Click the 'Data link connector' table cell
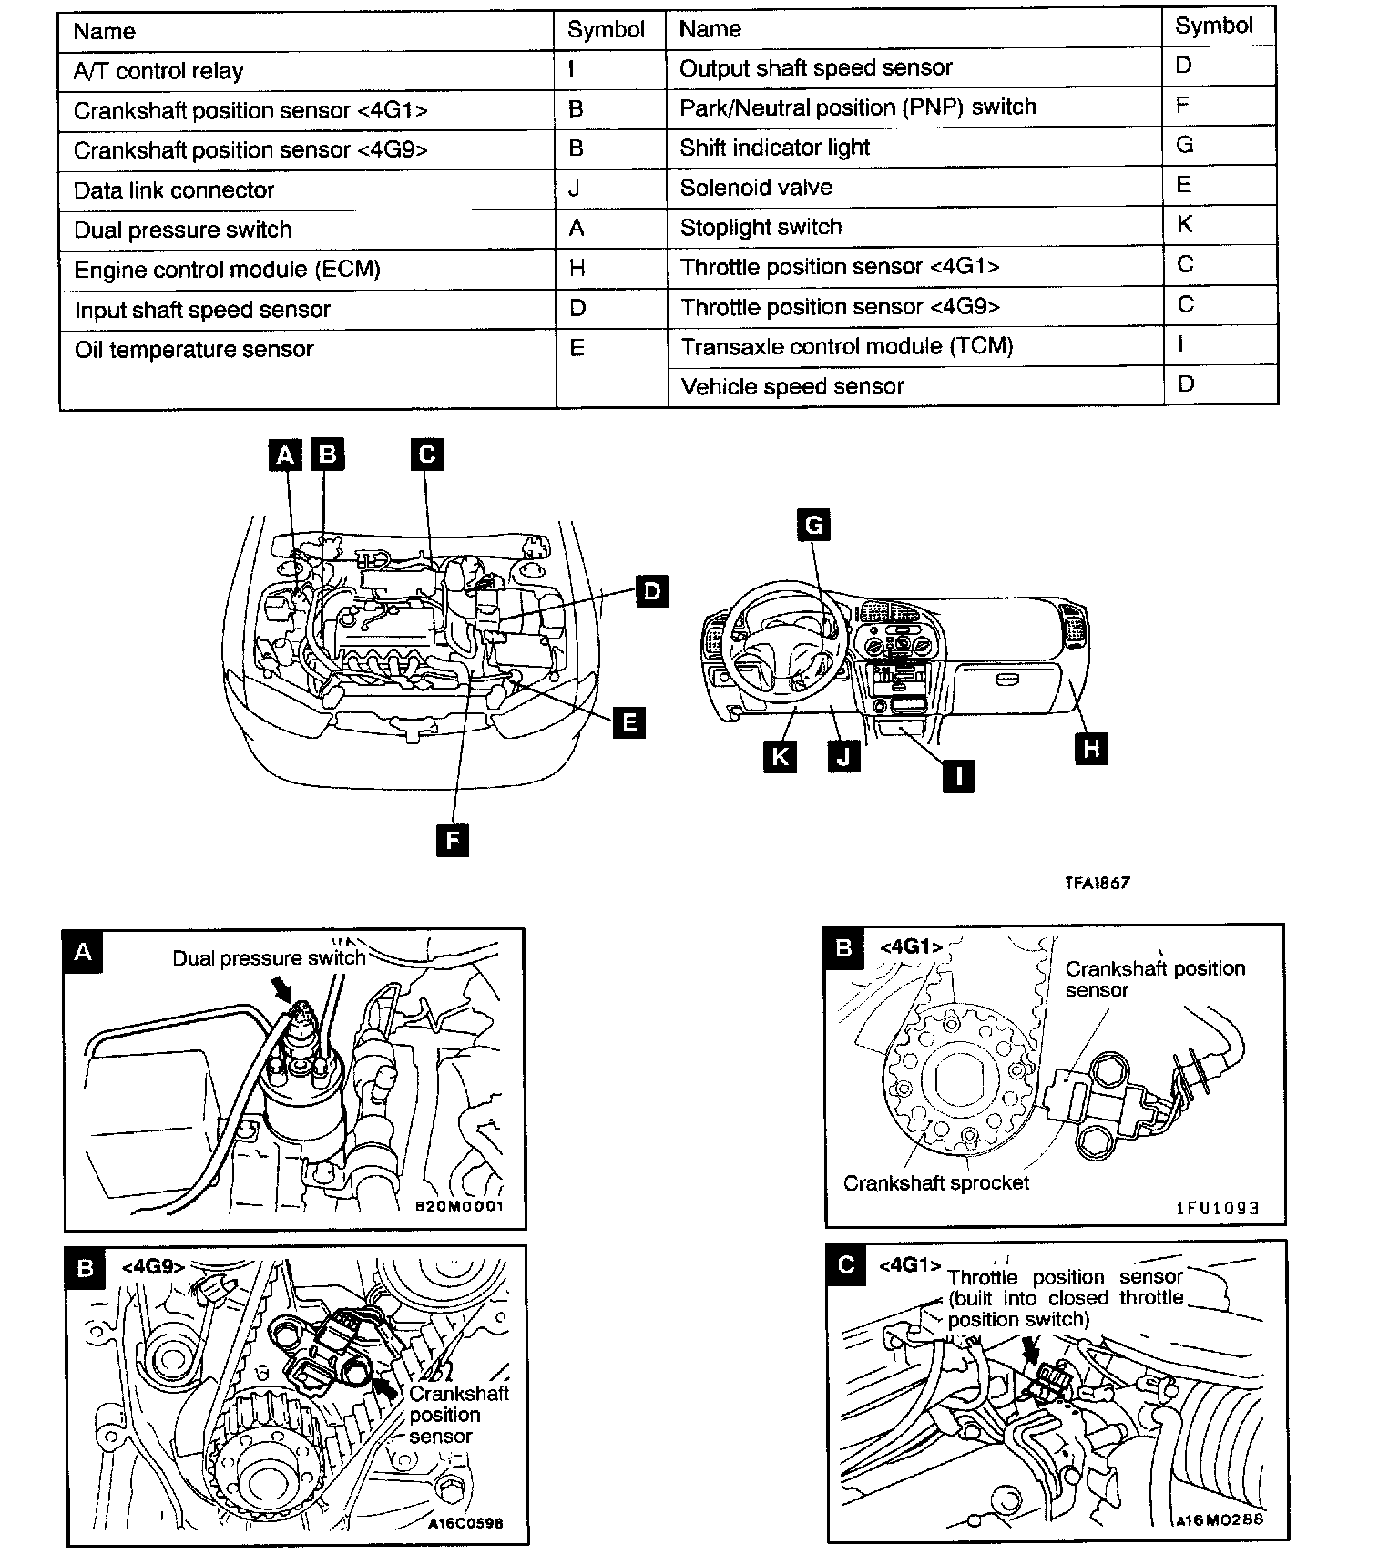[174, 190]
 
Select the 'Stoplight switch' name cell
[761, 227]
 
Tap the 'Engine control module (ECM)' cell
[227, 270]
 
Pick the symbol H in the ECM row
[577, 268]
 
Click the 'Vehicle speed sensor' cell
[791, 386]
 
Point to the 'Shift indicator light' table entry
[774, 148]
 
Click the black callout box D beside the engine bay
[651, 591]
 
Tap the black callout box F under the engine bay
[452, 839]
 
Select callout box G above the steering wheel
[813, 525]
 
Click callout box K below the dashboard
[780, 757]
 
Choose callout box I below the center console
[957, 775]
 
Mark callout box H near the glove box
[1091, 749]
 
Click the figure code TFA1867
[1098, 883]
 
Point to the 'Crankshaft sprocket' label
[935, 1183]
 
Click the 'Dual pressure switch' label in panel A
[269, 958]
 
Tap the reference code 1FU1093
[1218, 1208]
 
